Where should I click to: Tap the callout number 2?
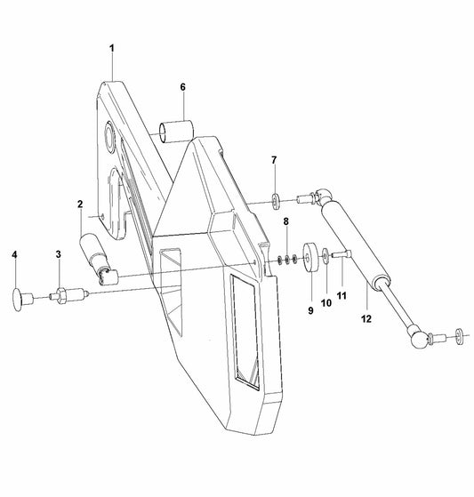pos(79,204)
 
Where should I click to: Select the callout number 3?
pos(58,255)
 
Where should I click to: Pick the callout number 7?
pos(275,161)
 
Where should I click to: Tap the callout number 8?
pos(285,220)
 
